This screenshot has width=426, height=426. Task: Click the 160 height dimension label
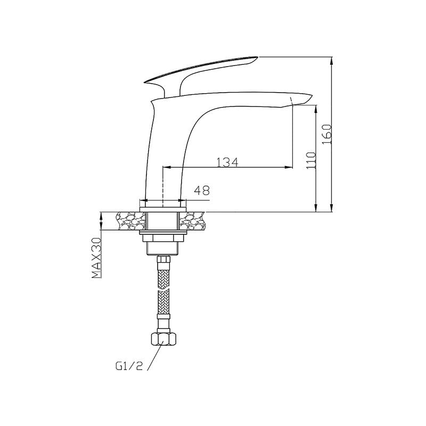pyautogui.click(x=327, y=135)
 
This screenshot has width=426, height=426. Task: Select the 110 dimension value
pyautogui.click(x=312, y=161)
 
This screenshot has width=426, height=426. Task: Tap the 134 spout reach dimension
pyautogui.click(x=227, y=162)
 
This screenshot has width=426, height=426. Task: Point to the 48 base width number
pyautogui.click(x=202, y=190)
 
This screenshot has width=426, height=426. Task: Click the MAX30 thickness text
pyautogui.click(x=96, y=258)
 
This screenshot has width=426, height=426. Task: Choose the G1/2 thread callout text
pyautogui.click(x=129, y=366)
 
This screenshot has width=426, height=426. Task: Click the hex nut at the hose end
pyautogui.click(x=163, y=339)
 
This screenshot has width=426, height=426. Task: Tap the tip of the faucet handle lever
pyautogui.click(x=258, y=57)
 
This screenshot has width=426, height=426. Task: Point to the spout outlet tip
pyautogui.click(x=312, y=95)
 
